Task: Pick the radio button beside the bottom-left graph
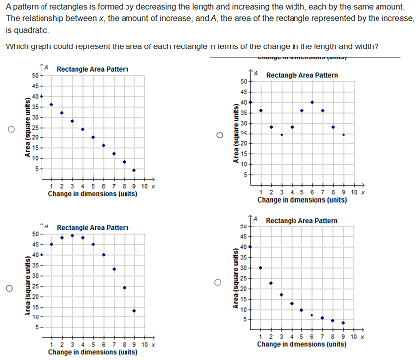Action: coord(12,289)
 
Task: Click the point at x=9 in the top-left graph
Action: coord(134,170)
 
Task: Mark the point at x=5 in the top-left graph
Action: coord(93,137)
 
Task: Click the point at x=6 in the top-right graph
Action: coord(312,103)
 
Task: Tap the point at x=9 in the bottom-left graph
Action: coord(134,310)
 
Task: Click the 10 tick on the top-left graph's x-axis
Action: coord(143,185)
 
